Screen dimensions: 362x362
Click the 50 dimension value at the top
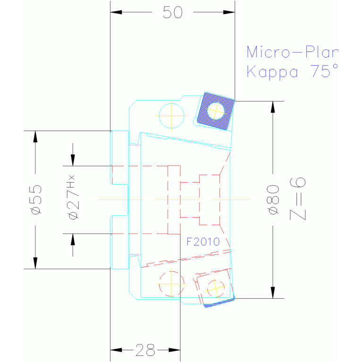click(x=172, y=12)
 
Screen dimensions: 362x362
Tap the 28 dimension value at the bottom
click(x=145, y=350)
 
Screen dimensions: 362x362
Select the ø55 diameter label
click(x=36, y=200)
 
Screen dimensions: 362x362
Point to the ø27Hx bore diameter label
click(x=74, y=197)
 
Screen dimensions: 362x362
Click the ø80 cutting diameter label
click(x=273, y=200)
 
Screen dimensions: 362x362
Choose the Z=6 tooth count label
click(x=298, y=199)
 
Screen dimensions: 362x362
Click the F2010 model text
click(x=203, y=242)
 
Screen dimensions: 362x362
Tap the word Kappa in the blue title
click(x=272, y=72)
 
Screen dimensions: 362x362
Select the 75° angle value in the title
click(x=324, y=71)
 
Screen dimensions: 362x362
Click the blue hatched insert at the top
click(x=216, y=111)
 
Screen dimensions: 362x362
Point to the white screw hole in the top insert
click(x=216, y=111)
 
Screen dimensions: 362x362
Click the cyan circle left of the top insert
click(x=171, y=116)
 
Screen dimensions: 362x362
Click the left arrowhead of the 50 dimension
click(x=116, y=12)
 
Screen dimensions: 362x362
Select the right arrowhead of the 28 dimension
click(x=175, y=350)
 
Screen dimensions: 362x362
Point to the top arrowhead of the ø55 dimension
click(x=35, y=136)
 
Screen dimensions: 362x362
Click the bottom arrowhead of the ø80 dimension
click(x=273, y=293)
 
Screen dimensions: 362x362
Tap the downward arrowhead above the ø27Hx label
click(x=73, y=160)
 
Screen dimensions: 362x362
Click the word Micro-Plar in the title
click(x=293, y=52)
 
